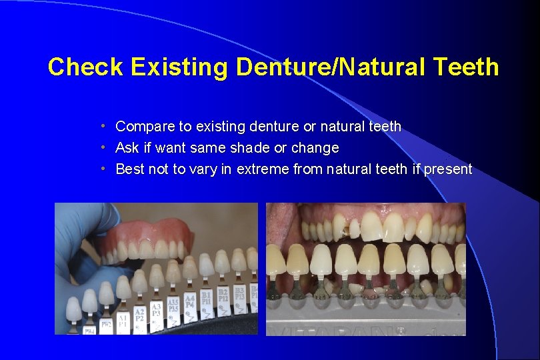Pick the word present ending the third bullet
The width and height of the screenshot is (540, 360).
click(x=449, y=169)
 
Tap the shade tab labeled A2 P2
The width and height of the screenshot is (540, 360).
click(x=140, y=315)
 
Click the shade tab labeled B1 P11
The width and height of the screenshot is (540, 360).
click(x=206, y=296)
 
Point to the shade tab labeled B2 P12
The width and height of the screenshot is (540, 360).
click(x=223, y=293)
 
